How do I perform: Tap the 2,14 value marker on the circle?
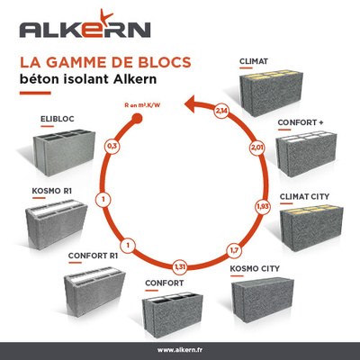[x=221, y=111]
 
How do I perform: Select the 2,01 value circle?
[x=257, y=148]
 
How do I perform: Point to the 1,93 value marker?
[x=263, y=206]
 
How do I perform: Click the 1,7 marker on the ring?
[x=234, y=250]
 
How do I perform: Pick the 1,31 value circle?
[x=180, y=266]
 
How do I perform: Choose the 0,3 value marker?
[x=112, y=147]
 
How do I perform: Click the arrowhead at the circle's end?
[x=190, y=104]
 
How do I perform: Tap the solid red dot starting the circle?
[x=137, y=118]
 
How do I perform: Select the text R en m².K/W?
[x=142, y=105]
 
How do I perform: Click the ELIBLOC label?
[x=58, y=119]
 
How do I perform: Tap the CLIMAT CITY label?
[x=304, y=197]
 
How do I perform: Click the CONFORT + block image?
[x=306, y=154]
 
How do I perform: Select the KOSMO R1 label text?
[x=52, y=191]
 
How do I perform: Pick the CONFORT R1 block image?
[x=94, y=291]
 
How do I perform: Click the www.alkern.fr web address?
[x=180, y=350]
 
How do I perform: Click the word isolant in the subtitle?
[x=86, y=79]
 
